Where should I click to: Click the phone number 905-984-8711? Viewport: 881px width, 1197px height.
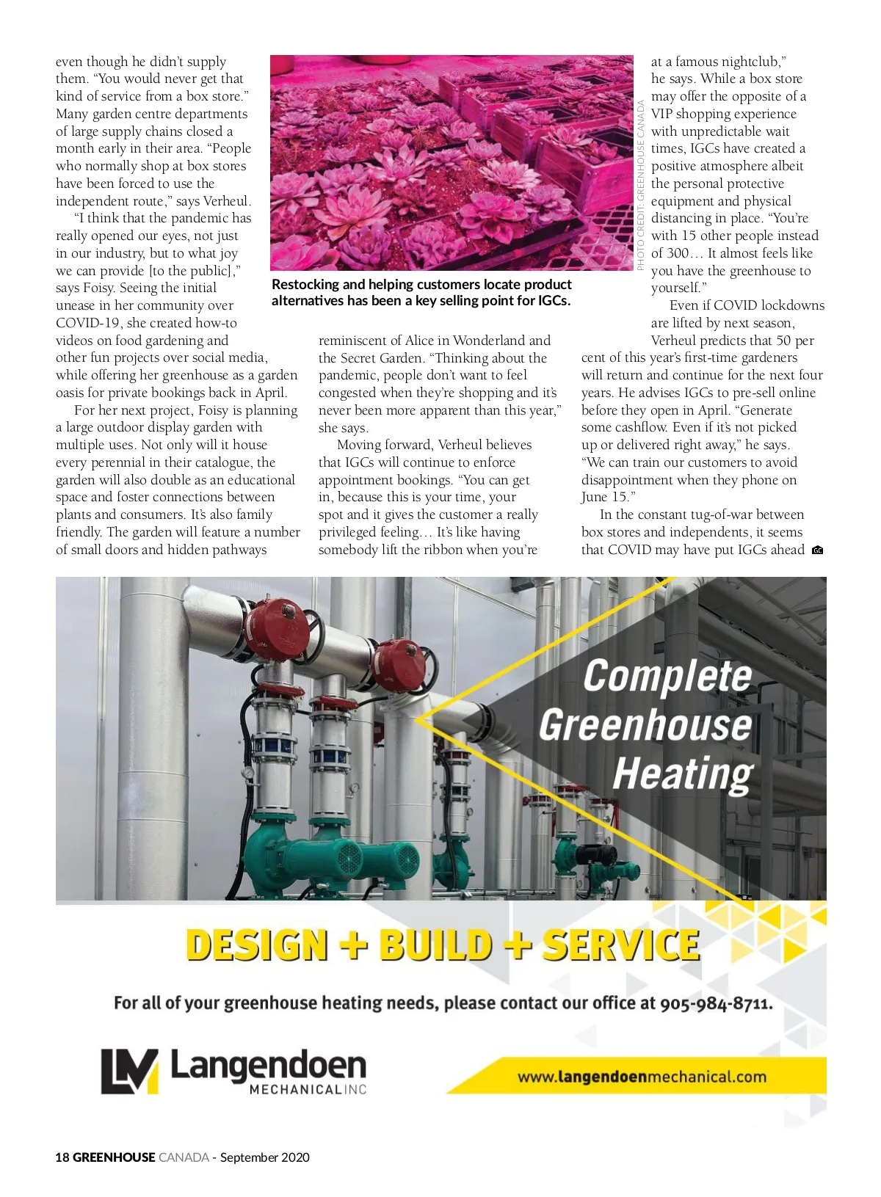(716, 1003)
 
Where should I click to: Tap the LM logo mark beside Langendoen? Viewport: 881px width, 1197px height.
(129, 1072)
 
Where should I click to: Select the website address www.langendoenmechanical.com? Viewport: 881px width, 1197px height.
(641, 1077)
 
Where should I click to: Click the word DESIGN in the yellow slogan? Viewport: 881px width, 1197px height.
(256, 945)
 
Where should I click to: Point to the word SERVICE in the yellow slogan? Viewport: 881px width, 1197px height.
(620, 945)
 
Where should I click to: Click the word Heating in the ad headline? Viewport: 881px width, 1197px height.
(682, 774)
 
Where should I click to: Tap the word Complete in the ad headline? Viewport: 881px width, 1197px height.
(667, 676)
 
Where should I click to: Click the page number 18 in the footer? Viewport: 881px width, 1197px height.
(62, 1157)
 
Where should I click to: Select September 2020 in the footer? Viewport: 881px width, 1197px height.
(264, 1157)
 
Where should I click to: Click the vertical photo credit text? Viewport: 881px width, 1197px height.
(640, 185)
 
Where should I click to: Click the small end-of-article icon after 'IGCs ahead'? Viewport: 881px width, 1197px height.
(817, 550)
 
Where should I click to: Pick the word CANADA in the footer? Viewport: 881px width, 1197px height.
(184, 1157)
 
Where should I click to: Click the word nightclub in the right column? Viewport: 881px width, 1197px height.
(750, 62)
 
